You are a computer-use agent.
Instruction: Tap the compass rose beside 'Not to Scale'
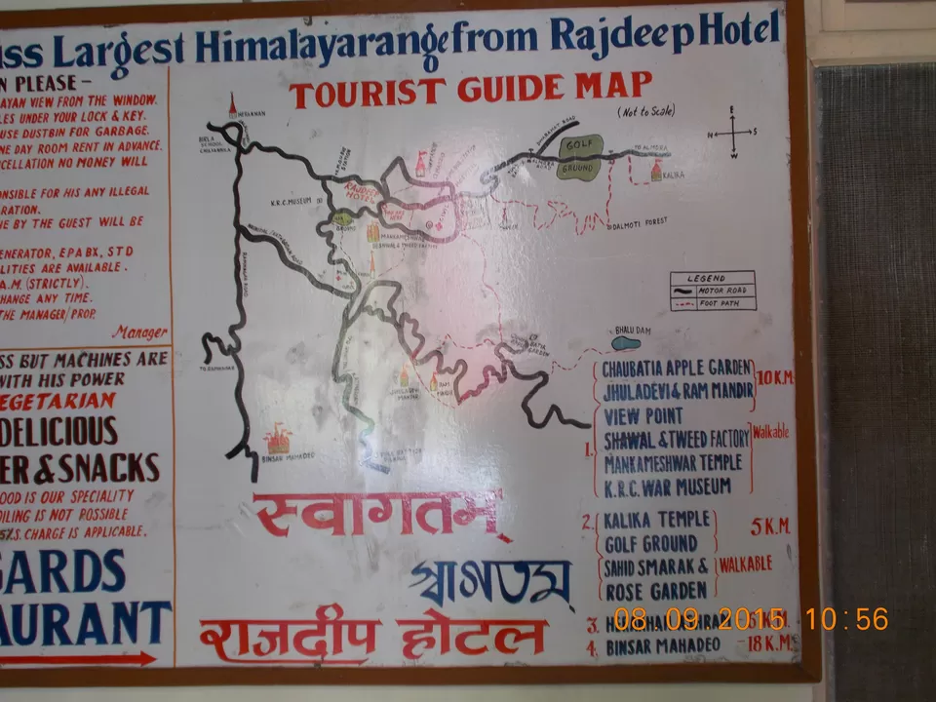pos(732,133)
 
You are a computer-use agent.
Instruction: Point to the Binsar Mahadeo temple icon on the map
pos(278,440)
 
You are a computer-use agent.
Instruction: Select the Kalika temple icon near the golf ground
pos(656,171)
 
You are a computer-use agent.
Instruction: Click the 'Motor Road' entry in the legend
pos(712,290)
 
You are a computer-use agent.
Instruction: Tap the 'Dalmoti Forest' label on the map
pos(641,222)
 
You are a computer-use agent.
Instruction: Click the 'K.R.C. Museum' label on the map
pos(295,200)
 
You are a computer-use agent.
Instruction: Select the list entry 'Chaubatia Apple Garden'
pos(677,370)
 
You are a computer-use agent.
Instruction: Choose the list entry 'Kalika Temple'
pos(656,521)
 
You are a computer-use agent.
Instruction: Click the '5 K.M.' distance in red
pos(770,527)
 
